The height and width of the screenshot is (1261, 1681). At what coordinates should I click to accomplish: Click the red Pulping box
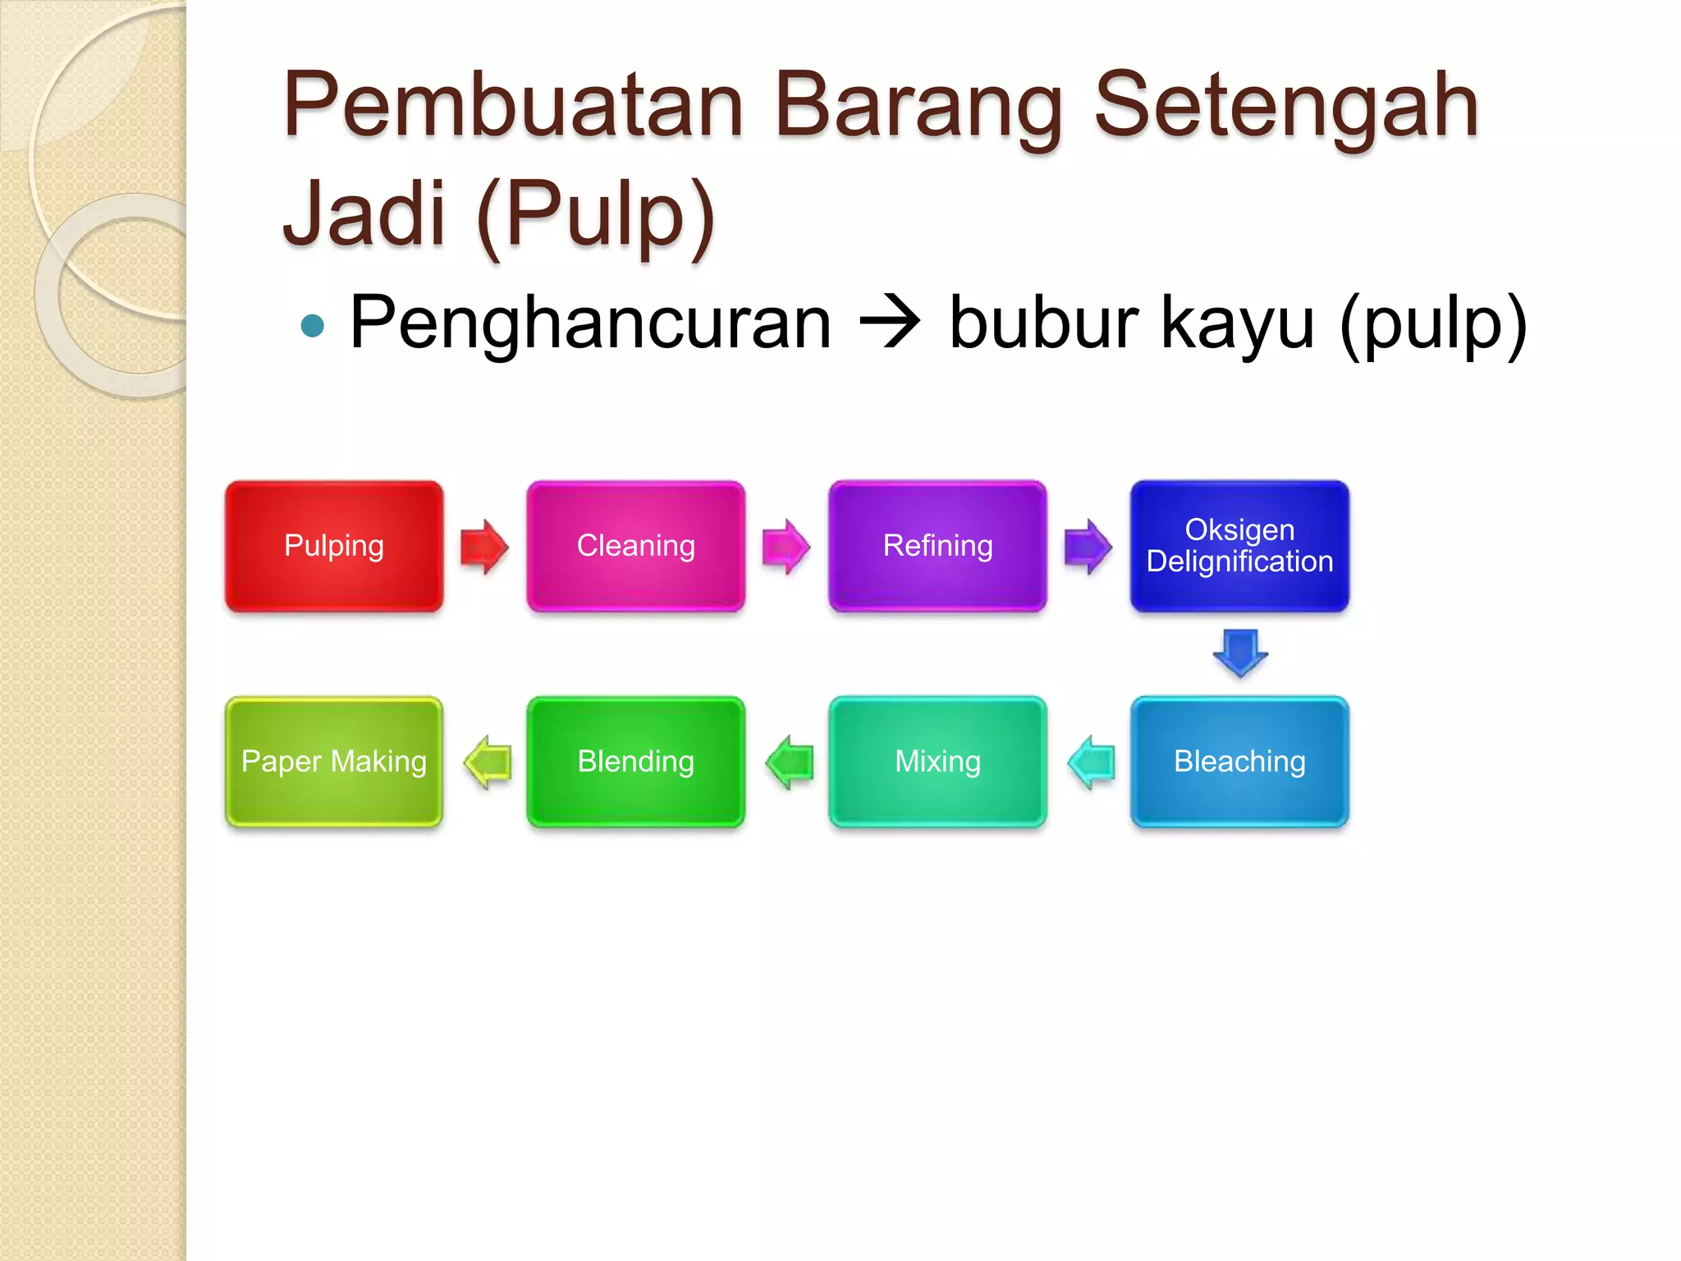[334, 547]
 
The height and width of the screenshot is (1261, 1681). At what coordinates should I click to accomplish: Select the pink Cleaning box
[636, 547]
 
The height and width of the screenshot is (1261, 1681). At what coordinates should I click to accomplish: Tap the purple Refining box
[937, 547]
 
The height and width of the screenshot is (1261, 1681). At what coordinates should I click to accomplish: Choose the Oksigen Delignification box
[1239, 547]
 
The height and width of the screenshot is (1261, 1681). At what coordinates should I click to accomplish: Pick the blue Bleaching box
[1239, 762]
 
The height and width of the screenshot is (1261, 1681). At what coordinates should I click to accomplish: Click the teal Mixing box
[937, 762]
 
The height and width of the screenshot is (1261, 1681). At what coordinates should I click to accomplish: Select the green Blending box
[636, 762]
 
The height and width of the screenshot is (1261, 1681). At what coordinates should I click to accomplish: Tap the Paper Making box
[334, 762]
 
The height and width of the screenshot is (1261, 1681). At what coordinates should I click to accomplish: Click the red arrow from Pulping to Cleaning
[484, 547]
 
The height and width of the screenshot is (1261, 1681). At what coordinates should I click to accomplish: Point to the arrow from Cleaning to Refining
[786, 547]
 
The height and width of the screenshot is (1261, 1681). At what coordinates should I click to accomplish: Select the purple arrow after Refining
[1088, 547]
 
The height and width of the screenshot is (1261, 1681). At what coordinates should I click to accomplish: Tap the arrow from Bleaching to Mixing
[1091, 762]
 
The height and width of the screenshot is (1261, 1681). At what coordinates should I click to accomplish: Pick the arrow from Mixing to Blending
[789, 762]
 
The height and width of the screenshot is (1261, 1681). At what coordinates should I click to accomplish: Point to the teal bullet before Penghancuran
[313, 326]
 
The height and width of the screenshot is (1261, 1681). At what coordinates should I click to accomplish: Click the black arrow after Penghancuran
[890, 323]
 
